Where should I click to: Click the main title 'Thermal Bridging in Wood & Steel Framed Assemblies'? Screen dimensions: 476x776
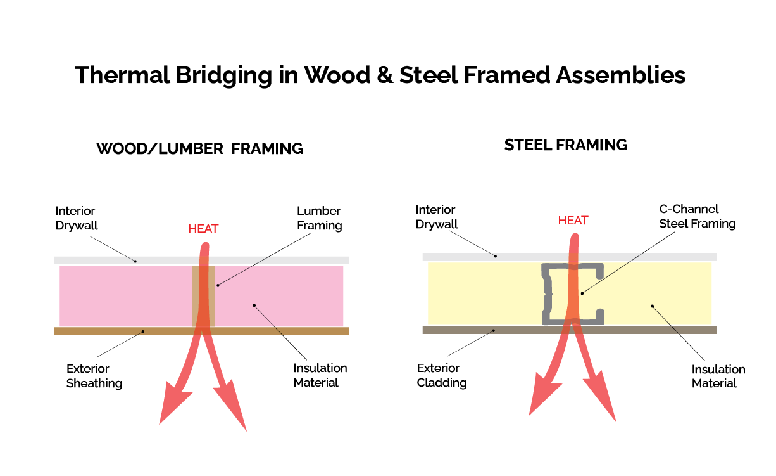coord(380,75)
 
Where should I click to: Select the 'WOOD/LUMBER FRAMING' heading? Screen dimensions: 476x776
coord(199,149)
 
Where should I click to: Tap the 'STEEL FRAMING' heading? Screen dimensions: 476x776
coord(565,145)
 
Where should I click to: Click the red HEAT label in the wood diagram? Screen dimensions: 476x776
coord(203,229)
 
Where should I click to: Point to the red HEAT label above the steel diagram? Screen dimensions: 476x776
coord(573,221)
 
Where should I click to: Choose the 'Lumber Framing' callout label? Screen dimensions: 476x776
coord(319,218)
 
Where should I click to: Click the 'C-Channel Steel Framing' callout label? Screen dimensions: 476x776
coord(697,216)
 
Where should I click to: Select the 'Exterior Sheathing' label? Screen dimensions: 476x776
coord(94,376)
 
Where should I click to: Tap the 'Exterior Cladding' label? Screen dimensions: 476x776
coord(441,375)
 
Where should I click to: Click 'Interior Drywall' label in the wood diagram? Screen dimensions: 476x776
coord(77,218)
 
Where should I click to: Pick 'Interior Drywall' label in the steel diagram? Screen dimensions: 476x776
coord(436,217)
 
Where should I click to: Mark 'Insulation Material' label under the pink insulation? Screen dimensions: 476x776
coord(320,375)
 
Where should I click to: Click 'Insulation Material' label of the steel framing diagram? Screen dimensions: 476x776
coord(718,376)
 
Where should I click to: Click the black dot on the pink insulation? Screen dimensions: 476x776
coord(254,306)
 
